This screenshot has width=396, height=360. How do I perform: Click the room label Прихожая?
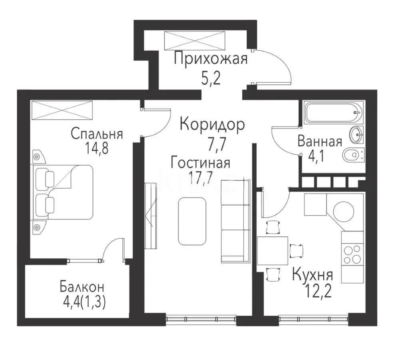[x=211, y=59]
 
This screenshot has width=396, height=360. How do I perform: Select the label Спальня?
[x=97, y=133]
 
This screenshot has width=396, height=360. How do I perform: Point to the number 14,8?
[x=97, y=148]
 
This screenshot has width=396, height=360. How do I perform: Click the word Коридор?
[x=212, y=125]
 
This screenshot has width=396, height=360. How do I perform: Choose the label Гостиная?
[x=200, y=163]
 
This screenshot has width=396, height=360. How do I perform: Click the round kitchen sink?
[x=344, y=210]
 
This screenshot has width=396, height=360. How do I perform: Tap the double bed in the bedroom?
[x=64, y=192]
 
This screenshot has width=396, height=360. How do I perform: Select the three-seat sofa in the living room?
[x=235, y=221]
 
